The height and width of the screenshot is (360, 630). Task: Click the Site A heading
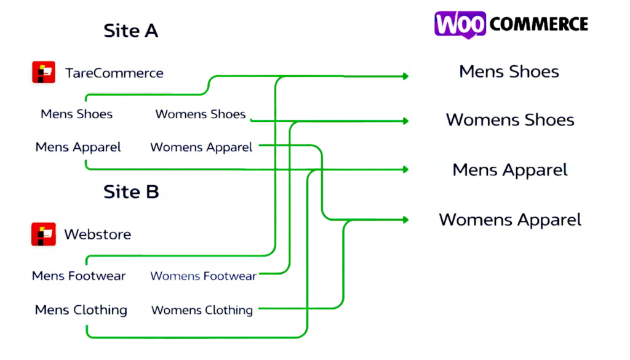click(130, 31)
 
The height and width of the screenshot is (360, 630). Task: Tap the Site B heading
click(131, 191)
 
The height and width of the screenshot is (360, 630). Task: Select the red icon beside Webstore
click(44, 234)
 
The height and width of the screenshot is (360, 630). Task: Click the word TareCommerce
click(114, 73)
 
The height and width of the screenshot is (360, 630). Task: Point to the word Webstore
click(97, 234)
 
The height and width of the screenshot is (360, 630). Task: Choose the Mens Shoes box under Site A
click(77, 114)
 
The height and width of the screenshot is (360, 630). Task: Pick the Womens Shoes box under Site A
click(200, 114)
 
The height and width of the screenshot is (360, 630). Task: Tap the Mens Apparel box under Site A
click(78, 148)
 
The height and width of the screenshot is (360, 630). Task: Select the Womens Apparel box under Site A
click(201, 148)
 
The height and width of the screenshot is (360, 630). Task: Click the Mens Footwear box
click(79, 276)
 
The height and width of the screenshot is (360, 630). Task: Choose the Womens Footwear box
click(203, 276)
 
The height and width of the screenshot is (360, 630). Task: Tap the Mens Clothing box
click(81, 310)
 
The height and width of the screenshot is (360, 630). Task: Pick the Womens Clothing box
click(202, 310)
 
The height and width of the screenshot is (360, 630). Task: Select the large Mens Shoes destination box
click(509, 71)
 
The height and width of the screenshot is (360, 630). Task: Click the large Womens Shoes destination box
click(509, 119)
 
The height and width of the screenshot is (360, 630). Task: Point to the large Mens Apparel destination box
click(509, 169)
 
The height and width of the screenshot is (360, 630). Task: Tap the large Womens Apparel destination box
click(509, 220)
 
